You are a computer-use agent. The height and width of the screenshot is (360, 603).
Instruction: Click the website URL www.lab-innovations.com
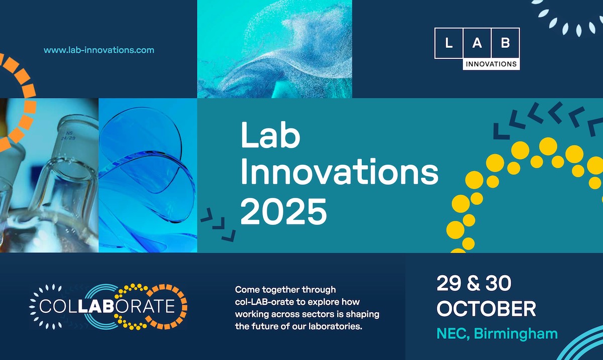(x=99, y=50)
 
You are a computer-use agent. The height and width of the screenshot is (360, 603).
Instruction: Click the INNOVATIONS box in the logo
(x=491, y=64)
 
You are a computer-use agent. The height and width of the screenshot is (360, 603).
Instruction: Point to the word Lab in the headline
(x=270, y=136)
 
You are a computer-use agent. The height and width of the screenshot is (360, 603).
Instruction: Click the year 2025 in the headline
(x=283, y=211)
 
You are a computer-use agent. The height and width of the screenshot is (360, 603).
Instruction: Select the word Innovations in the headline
(x=339, y=174)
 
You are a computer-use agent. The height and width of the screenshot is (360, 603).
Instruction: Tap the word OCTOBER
(x=486, y=308)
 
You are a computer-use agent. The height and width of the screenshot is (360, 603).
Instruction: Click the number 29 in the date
(x=449, y=284)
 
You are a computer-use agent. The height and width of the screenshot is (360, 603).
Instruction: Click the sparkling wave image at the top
(x=274, y=49)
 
